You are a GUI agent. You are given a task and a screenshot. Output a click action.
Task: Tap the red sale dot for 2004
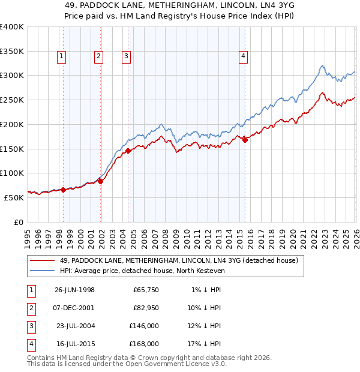128,151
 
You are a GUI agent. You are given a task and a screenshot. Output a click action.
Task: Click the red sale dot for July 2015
245,140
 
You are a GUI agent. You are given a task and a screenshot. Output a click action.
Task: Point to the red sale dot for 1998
63,190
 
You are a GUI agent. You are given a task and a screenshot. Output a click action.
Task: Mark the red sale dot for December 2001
100,181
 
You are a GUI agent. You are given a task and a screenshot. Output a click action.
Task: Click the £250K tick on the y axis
12,100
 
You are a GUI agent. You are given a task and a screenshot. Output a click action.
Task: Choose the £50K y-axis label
14,197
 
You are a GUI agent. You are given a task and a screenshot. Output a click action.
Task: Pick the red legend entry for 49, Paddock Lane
174,260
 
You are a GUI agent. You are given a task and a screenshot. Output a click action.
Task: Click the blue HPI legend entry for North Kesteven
142,271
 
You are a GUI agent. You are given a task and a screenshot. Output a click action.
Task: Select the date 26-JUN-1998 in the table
74,290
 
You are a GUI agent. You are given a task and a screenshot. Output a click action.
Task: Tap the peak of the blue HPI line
322,65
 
